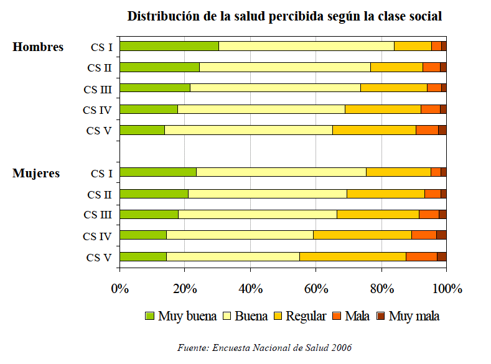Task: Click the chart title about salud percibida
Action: click(x=284, y=17)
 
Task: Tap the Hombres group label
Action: click(x=38, y=47)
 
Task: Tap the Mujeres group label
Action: click(x=36, y=173)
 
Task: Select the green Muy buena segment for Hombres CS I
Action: click(x=169, y=46)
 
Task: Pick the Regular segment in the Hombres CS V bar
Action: click(x=374, y=130)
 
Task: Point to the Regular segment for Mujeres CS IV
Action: click(x=362, y=235)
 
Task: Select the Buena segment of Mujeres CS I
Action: click(x=281, y=172)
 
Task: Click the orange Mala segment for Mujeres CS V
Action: click(x=421, y=256)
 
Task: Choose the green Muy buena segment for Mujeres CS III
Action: click(x=149, y=214)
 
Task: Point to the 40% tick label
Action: click(x=250, y=289)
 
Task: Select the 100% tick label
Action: click(x=447, y=289)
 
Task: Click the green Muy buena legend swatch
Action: click(x=149, y=316)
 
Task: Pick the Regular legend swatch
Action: click(x=279, y=316)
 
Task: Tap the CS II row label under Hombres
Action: click(x=99, y=68)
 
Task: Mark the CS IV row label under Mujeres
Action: click(x=97, y=236)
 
